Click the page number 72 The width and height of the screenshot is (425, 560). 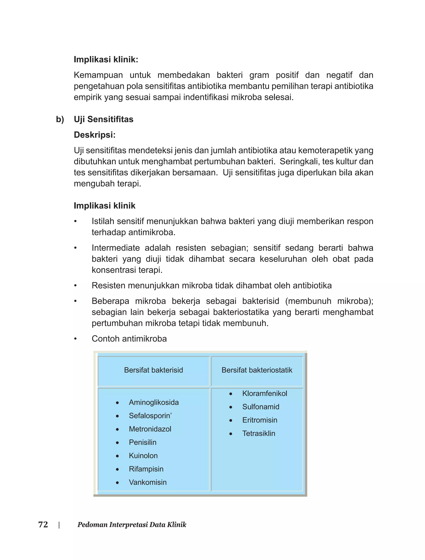(x=43, y=524)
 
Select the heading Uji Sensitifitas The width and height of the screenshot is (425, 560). (x=104, y=119)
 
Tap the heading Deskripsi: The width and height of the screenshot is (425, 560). (x=95, y=135)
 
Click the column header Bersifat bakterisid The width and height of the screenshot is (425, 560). (x=153, y=370)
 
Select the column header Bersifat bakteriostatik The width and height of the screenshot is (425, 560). (x=257, y=370)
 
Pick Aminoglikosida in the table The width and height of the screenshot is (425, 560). (x=154, y=402)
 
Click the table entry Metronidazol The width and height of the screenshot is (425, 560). (x=150, y=429)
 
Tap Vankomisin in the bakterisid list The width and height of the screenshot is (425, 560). (x=148, y=482)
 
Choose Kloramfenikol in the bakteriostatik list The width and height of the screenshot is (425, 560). (x=265, y=393)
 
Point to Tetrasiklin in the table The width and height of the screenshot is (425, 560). (x=259, y=433)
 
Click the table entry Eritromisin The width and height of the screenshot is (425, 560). (x=260, y=420)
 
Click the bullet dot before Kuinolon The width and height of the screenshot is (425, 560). (x=117, y=456)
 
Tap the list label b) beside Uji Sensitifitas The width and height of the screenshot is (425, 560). (x=60, y=119)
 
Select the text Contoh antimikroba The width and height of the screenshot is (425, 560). (x=129, y=339)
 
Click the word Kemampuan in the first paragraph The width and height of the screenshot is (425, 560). (x=98, y=75)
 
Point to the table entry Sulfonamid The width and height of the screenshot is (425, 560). (x=261, y=407)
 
